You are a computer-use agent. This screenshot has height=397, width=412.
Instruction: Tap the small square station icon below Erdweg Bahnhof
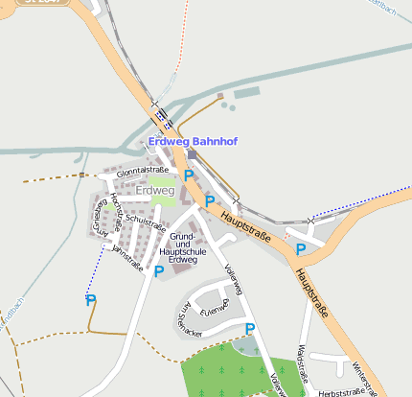pyautogui.click(x=192, y=154)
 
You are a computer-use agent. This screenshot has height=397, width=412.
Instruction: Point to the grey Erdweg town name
pyautogui.click(x=155, y=190)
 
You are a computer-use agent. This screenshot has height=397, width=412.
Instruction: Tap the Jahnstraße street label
pyautogui.click(x=126, y=254)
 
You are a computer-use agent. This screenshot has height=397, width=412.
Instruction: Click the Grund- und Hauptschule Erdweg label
pyautogui.click(x=182, y=247)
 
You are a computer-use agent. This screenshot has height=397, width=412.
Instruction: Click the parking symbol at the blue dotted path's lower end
pyautogui.click(x=91, y=300)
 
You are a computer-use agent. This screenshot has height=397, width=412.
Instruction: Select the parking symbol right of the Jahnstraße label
pyautogui.click(x=158, y=270)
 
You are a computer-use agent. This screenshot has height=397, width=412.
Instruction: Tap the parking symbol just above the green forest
pyautogui.click(x=249, y=329)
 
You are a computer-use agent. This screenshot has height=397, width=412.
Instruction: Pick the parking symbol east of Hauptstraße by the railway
pyautogui.click(x=300, y=249)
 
